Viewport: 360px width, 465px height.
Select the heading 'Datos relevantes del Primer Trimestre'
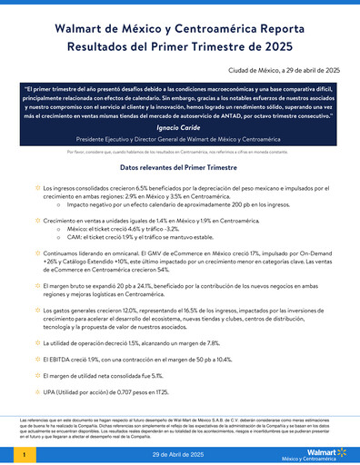point(180,168)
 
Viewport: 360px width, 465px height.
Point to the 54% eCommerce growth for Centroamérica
point(188,270)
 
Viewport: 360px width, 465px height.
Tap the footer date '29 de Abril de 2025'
point(180,452)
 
